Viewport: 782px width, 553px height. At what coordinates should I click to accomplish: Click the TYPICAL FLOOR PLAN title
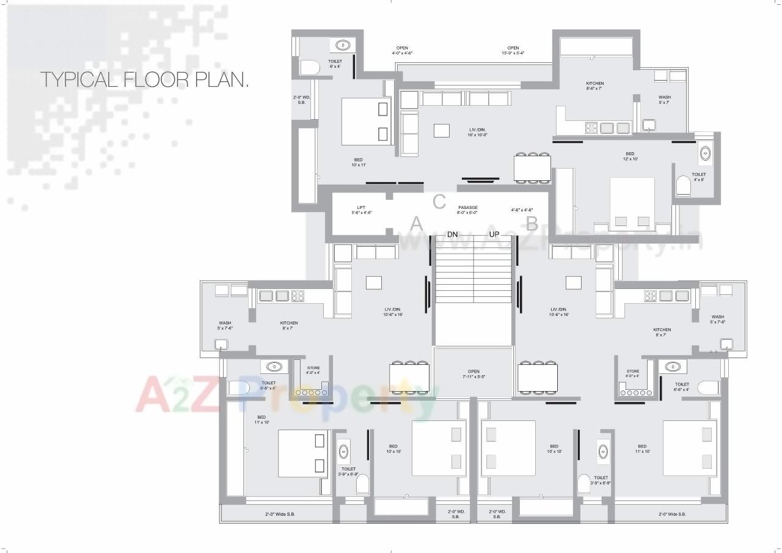click(x=144, y=79)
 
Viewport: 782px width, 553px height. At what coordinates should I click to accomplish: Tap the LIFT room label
click(x=361, y=210)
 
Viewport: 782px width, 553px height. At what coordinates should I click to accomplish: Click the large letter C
click(x=439, y=201)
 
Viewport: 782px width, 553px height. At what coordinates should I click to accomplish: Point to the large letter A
click(x=417, y=224)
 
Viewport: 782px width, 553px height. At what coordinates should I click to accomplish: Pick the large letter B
click(x=532, y=224)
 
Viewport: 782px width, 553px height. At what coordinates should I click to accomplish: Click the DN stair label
click(x=452, y=234)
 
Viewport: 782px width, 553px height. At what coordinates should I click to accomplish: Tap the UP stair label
click(x=494, y=234)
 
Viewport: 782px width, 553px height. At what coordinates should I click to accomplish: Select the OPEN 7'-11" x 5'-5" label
click(x=473, y=374)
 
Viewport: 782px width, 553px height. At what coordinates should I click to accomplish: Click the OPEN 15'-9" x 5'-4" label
click(x=513, y=50)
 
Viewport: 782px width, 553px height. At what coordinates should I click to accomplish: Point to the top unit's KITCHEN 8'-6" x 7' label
click(x=594, y=86)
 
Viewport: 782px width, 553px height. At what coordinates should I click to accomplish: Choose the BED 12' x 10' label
click(x=629, y=156)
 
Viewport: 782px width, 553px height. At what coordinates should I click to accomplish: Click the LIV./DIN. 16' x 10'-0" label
click(x=478, y=131)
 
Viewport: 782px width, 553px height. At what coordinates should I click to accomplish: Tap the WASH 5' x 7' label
click(x=664, y=100)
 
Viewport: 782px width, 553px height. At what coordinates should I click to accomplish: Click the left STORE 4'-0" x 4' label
click(x=313, y=370)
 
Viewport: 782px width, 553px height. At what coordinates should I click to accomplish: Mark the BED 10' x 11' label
click(x=358, y=162)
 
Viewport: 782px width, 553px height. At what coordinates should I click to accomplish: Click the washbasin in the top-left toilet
click(x=343, y=45)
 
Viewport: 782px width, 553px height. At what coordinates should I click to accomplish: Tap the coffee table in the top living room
click(x=442, y=130)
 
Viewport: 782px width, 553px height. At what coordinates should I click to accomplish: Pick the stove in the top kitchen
click(x=591, y=128)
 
